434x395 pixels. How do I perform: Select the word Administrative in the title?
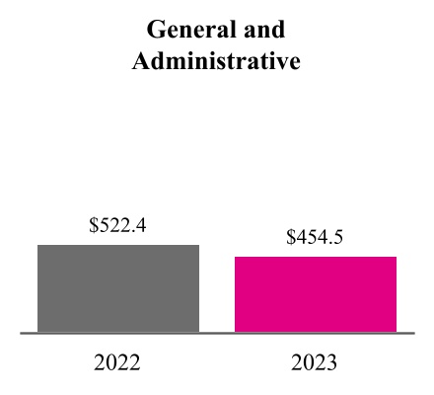click(x=216, y=61)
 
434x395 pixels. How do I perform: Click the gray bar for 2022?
click(x=118, y=288)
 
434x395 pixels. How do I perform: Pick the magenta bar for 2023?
click(x=316, y=294)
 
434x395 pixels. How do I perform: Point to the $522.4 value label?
click(x=117, y=225)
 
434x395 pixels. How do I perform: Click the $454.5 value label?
click(x=315, y=237)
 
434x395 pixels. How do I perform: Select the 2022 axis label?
click(x=117, y=362)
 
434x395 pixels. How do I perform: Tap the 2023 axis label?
click(x=315, y=362)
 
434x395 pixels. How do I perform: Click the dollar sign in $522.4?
click(x=94, y=225)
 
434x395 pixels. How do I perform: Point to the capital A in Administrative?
click(x=141, y=61)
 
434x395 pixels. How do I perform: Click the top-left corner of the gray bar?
click(x=38, y=245)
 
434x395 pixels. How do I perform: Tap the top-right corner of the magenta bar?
click(x=396, y=258)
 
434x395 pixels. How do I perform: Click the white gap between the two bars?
click(x=217, y=296)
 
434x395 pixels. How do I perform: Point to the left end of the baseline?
click(x=23, y=334)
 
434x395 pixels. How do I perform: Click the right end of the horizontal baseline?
click(x=412, y=334)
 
